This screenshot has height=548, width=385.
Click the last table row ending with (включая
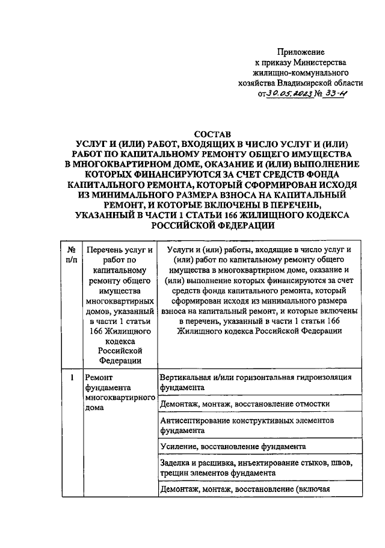click(x=245, y=489)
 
